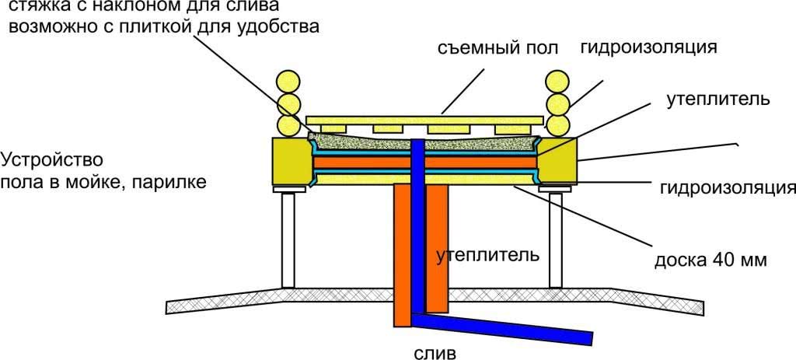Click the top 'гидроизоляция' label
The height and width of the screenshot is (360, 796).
pos(648,46)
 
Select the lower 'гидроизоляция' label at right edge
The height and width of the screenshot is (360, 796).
pos(726,187)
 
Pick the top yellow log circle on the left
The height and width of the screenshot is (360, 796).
pos(288,81)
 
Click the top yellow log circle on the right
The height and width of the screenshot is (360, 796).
pos(557,81)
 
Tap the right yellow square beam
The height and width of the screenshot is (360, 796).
pos(556,161)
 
